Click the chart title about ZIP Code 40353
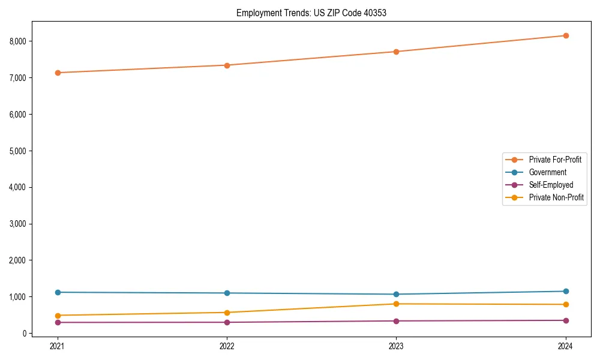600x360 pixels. (x=311, y=13)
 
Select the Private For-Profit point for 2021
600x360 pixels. (x=58, y=73)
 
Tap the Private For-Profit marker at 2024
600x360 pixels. (x=566, y=35)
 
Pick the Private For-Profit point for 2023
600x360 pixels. (x=396, y=52)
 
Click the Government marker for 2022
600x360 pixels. (x=227, y=293)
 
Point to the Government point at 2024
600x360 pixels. (x=566, y=292)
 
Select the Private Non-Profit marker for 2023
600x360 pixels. (x=396, y=304)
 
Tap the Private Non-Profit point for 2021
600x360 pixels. (x=58, y=316)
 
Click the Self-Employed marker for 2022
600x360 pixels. (x=227, y=322)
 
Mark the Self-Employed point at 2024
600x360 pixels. (x=566, y=320)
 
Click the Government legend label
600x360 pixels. (x=547, y=172)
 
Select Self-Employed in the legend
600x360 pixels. (x=551, y=185)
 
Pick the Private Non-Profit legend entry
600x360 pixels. (x=556, y=197)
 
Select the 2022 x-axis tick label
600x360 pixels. (x=227, y=346)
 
